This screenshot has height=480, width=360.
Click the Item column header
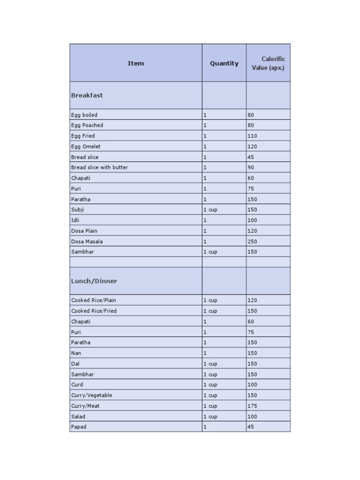[136, 63]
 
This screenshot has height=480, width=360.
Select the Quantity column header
[224, 63]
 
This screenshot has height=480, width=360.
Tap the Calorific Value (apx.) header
[268, 63]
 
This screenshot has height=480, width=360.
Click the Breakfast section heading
[87, 95]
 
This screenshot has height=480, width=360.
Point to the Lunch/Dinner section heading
[94, 281]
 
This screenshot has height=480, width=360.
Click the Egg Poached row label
[87, 125]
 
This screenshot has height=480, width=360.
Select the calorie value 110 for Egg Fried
[252, 136]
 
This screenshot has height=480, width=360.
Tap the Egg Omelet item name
[86, 147]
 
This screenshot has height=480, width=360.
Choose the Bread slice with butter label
[99, 167]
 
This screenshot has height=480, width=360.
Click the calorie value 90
[251, 167]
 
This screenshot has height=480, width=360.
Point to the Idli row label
[75, 220]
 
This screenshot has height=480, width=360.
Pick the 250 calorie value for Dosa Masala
[252, 241]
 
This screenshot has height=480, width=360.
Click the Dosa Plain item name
[84, 231]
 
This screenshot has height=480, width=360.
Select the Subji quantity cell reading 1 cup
[210, 210]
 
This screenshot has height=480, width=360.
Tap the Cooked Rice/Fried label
[94, 311]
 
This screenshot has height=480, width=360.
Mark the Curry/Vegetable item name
[91, 395]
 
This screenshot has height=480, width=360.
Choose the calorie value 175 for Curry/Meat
[252, 406]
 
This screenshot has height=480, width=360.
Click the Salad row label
[78, 416]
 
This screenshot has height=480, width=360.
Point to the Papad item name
[79, 427]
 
